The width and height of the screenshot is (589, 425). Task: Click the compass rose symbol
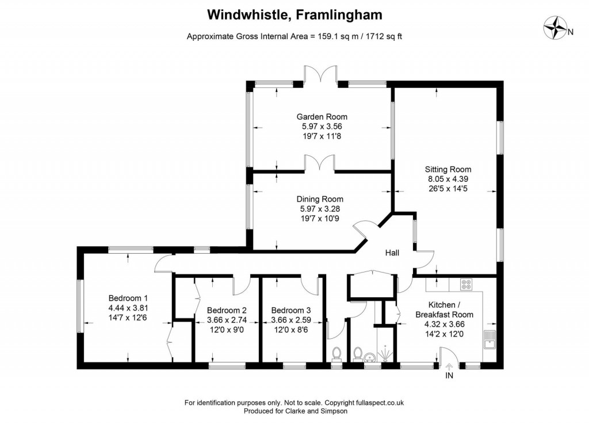coord(556,28)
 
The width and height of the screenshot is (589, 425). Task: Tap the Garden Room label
coord(322,117)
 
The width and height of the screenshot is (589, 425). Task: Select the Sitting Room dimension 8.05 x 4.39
coord(448,179)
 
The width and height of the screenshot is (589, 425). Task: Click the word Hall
coord(392,252)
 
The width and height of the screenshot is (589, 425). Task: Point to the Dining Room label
coord(320,199)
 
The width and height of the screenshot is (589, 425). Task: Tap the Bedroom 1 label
coord(128,298)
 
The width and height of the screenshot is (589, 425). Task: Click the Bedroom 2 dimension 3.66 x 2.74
coord(227,320)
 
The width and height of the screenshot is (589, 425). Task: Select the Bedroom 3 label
coord(291,311)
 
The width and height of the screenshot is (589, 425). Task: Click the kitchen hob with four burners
coord(466,285)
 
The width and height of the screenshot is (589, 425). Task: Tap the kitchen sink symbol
coord(489,339)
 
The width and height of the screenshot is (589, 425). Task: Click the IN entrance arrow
coord(449,366)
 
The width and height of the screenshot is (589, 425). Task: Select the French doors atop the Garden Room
coord(320,73)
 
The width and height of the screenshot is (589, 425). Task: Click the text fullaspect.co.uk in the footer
coord(379,403)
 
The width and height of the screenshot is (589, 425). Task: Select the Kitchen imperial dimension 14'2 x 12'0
coord(445,334)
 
